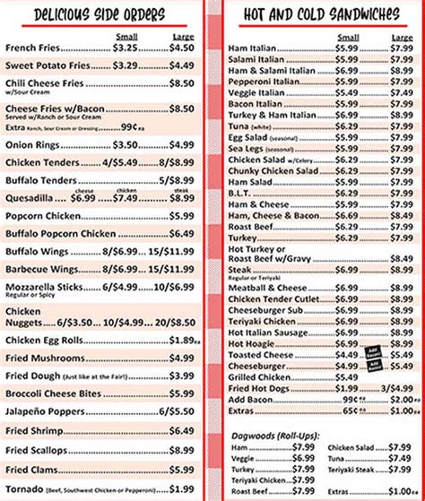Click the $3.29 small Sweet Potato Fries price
pos(126,65)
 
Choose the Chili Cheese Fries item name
pos(44,82)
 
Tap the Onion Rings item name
pos(33,144)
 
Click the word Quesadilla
pos(30,199)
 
